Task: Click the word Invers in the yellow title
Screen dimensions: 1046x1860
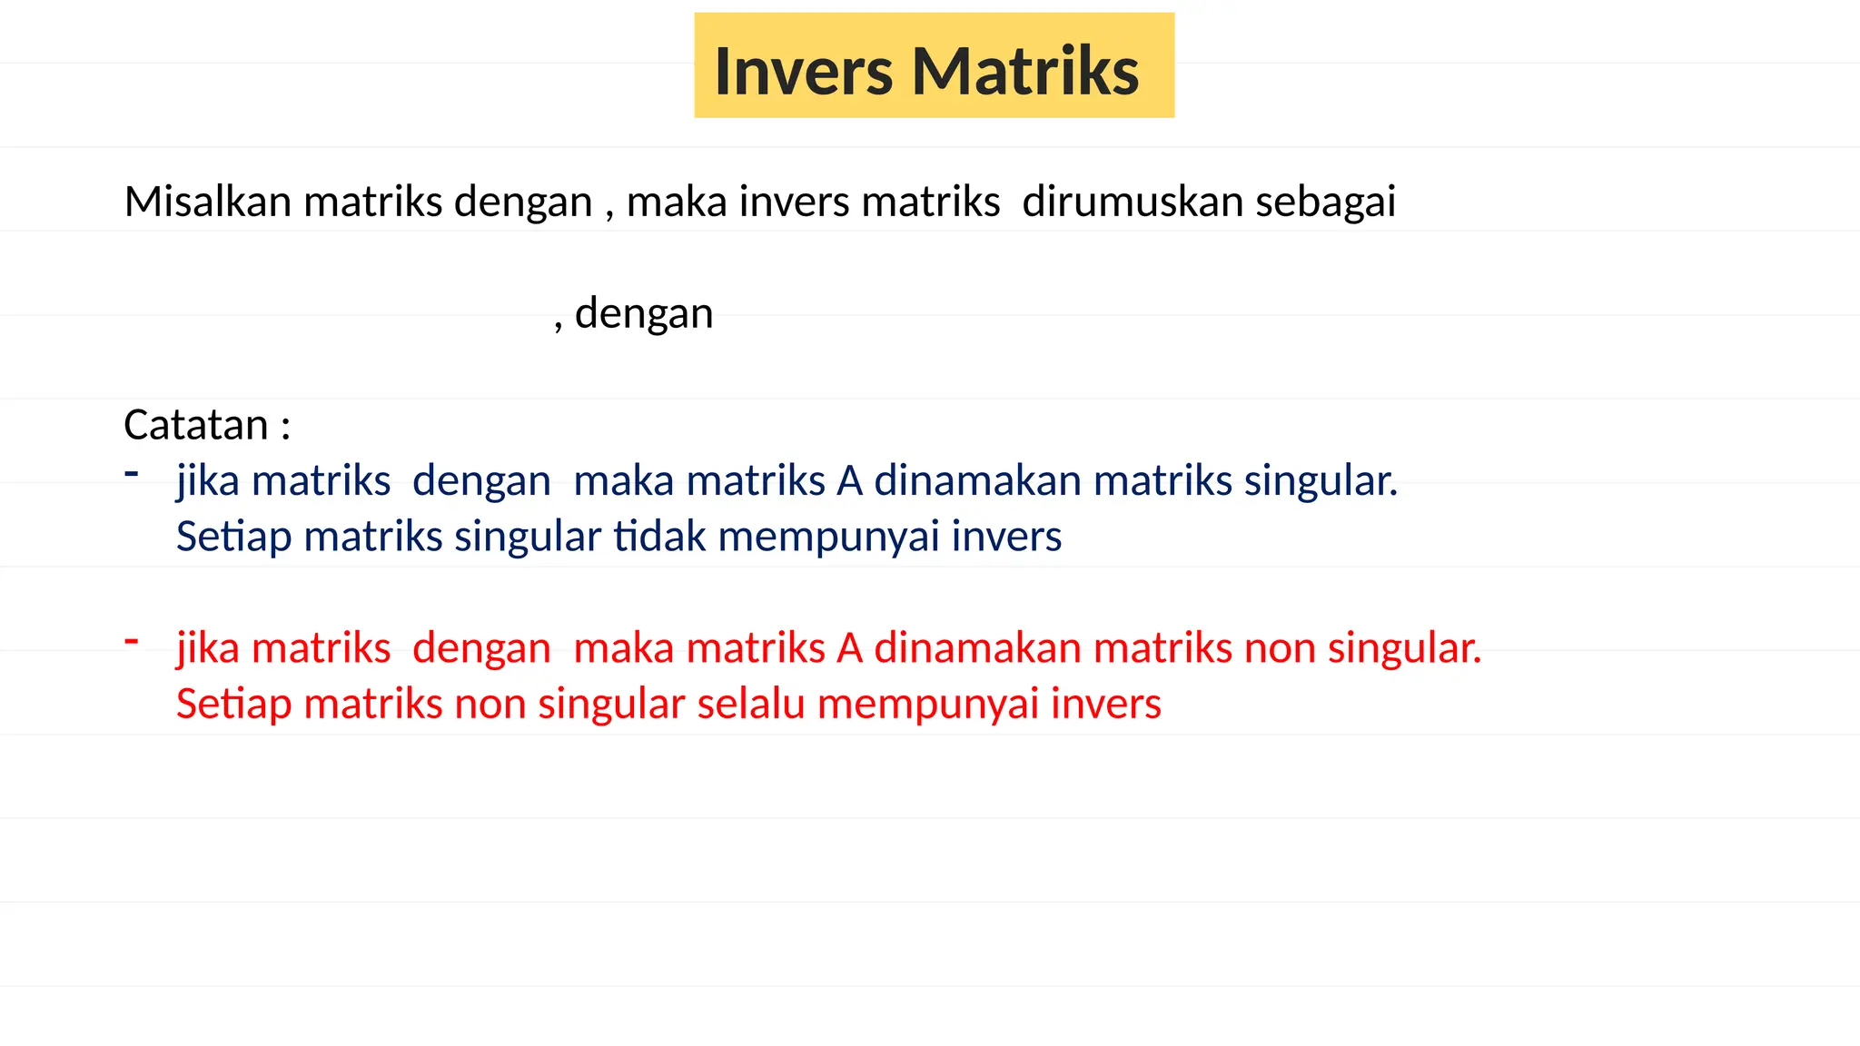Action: tap(803, 71)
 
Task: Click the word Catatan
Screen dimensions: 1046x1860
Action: tap(196, 425)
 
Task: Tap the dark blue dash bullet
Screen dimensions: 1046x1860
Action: tap(132, 473)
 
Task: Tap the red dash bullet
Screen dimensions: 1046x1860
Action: tap(132, 641)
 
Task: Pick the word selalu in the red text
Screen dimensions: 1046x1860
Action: tap(751, 705)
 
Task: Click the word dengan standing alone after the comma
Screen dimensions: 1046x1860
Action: tap(644, 314)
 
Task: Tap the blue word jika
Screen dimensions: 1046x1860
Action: tap(207, 482)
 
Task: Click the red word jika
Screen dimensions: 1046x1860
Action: tap(207, 649)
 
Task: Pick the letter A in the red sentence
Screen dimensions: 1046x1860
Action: tap(849, 648)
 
